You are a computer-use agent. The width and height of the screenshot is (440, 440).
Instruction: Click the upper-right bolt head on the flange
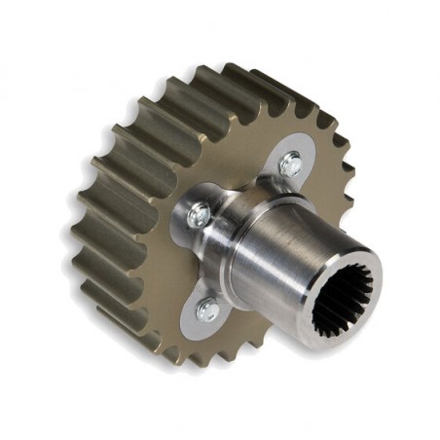[x=289, y=165]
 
